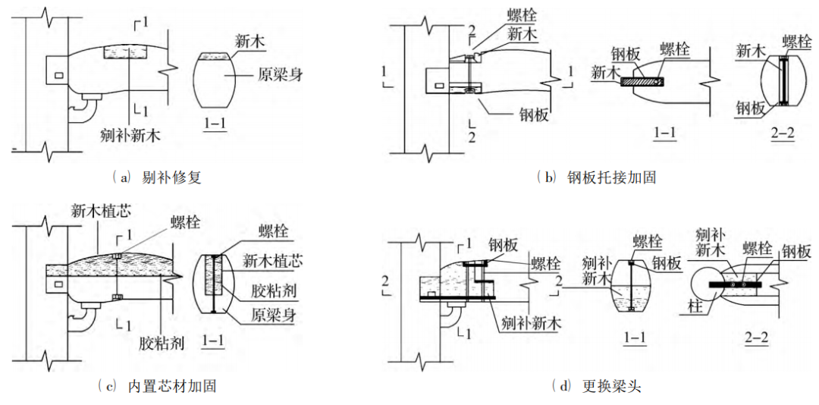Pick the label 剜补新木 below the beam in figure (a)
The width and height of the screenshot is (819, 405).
click(131, 135)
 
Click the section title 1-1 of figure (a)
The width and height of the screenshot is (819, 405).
click(216, 122)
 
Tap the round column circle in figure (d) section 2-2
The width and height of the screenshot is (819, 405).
click(710, 284)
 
